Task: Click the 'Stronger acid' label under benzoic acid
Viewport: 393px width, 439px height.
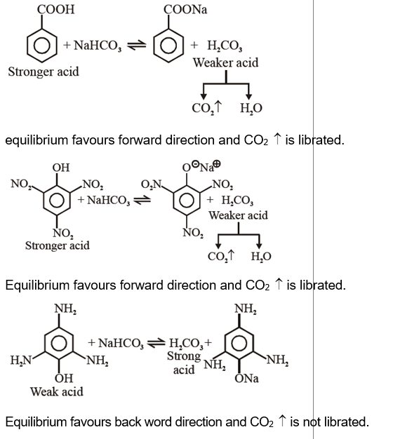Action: pyautogui.click(x=44, y=72)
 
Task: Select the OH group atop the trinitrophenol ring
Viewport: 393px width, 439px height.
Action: pyautogui.click(x=61, y=168)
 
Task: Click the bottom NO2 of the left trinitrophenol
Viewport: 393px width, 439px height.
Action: pyautogui.click(x=62, y=234)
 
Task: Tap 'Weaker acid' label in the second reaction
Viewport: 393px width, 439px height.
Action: pyautogui.click(x=238, y=215)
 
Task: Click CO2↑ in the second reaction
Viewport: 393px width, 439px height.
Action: pyautogui.click(x=223, y=256)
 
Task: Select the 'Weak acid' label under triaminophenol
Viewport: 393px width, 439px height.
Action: pyautogui.click(x=56, y=391)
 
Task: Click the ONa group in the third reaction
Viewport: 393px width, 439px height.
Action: pyautogui.click(x=246, y=378)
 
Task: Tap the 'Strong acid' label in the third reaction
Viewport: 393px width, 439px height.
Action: pyautogui.click(x=184, y=363)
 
